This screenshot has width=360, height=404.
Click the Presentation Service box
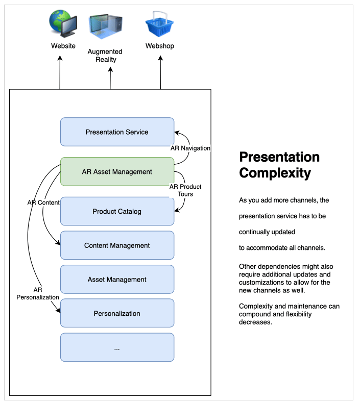pyautogui.click(x=117, y=132)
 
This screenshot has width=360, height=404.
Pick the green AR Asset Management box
pyautogui.click(x=117, y=172)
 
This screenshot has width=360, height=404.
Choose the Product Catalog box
pyautogui.click(x=117, y=211)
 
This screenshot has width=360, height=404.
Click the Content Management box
pyautogui.click(x=117, y=245)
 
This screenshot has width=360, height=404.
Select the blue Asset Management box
pyautogui.click(x=117, y=280)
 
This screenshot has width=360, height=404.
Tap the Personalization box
pyautogui.click(x=117, y=313)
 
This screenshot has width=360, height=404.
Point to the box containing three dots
pyautogui.click(x=117, y=347)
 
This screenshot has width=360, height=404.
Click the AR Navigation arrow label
pyautogui.click(x=190, y=148)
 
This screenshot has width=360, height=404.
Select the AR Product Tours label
pyautogui.click(x=185, y=190)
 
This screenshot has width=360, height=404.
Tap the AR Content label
pyautogui.click(x=43, y=203)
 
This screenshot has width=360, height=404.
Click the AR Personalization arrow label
pyautogui.click(x=38, y=293)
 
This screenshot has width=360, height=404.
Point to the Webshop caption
pyautogui.click(x=160, y=46)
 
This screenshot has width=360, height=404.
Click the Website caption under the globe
pyautogui.click(x=63, y=46)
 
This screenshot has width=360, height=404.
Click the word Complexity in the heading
pyautogui.click(x=275, y=173)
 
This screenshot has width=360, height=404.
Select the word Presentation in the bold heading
pyautogui.click(x=279, y=157)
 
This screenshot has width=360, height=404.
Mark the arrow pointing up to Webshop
pyautogui.click(x=160, y=71)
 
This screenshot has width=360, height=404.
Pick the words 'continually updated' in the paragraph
pyautogui.click(x=267, y=232)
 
